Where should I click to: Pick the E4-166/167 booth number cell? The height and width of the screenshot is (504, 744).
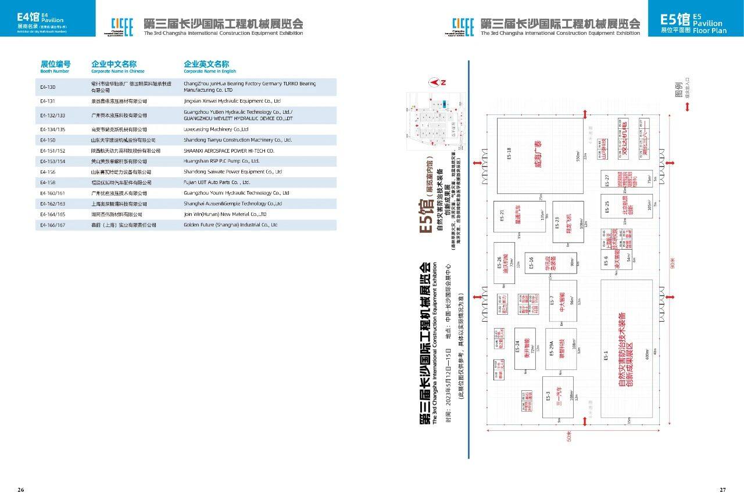tap(52, 224)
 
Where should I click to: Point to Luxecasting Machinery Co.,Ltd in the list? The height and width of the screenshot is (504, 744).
tap(216, 129)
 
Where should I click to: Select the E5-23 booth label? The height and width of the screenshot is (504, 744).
tap(557, 222)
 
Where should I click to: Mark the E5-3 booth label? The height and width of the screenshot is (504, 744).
tap(548, 396)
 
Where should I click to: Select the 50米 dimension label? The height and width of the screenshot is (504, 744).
tap(569, 436)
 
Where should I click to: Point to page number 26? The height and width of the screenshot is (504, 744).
tap(21, 490)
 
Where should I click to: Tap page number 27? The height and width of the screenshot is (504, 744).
tap(722, 490)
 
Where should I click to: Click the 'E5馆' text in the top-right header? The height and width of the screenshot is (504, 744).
tap(675, 19)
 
